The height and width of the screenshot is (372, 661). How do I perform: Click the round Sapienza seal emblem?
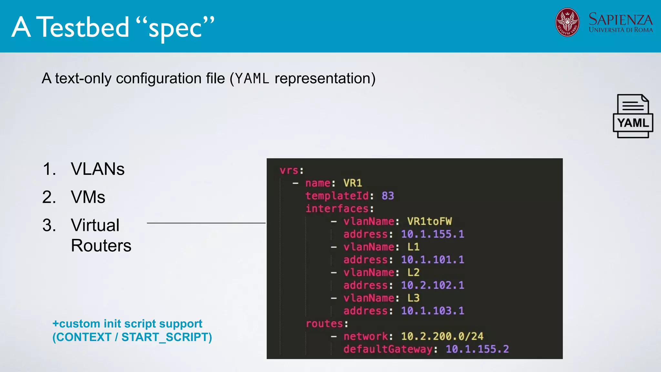[567, 22]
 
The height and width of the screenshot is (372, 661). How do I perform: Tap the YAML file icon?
[633, 116]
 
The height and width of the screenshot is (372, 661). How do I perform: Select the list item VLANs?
[97, 169]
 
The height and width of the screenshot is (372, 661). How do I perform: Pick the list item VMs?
[88, 197]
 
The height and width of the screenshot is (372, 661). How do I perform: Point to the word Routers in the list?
[101, 246]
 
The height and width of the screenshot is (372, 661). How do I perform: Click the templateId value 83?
[388, 196]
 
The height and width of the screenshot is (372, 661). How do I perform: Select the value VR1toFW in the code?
[429, 221]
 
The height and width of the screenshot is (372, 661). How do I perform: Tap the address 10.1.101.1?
[432, 260]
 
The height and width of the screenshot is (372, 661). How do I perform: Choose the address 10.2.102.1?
[432, 285]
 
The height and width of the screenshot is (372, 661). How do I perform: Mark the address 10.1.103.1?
[432, 311]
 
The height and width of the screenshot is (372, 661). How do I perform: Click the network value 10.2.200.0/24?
[442, 336]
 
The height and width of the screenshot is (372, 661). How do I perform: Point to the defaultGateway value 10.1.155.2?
[477, 349]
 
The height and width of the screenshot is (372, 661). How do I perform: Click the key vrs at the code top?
[289, 170]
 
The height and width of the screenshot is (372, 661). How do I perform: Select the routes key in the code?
[324, 324]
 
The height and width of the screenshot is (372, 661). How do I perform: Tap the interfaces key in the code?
[337, 209]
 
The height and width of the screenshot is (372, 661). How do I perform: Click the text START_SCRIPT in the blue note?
[165, 337]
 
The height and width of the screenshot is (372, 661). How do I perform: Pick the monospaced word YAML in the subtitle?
[252, 79]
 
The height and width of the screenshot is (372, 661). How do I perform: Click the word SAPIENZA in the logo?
[620, 19]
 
